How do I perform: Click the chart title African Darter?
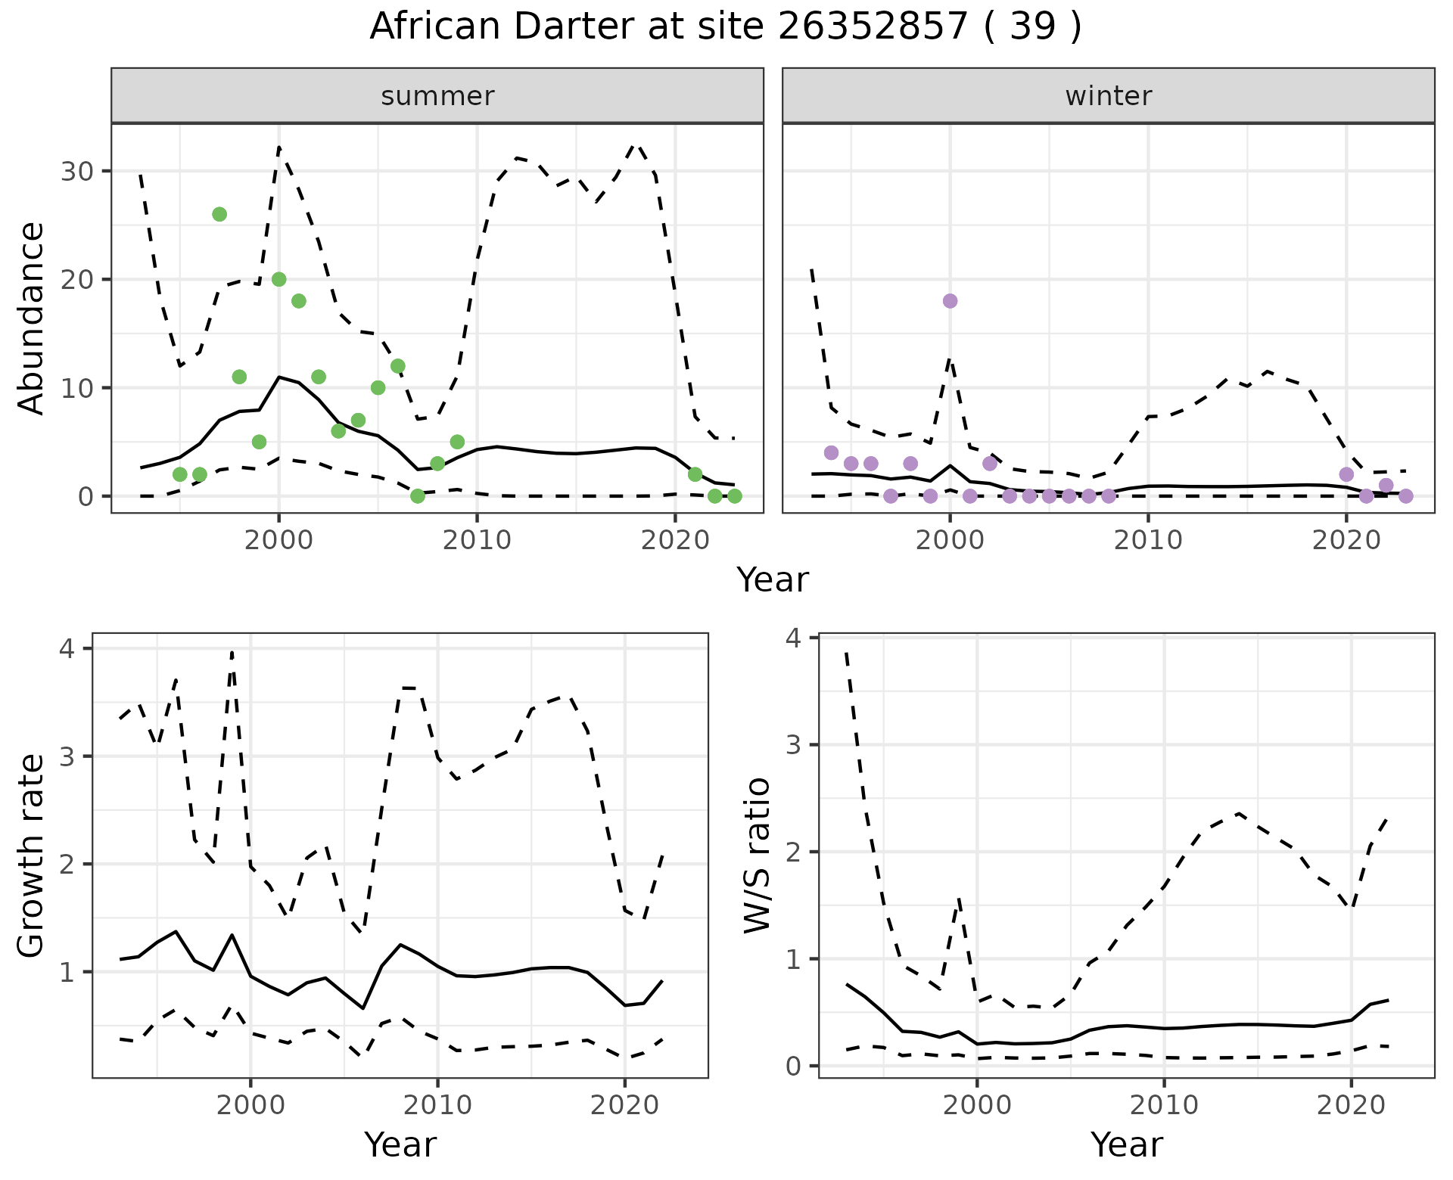725,27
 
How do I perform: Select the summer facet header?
437,96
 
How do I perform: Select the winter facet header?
1108,96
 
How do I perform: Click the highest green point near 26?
219,214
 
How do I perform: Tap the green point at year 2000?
278,279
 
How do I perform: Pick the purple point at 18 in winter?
951,301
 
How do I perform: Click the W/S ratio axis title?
757,855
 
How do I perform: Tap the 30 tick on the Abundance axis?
77,171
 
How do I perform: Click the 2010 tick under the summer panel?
477,540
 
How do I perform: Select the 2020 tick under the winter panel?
1346,540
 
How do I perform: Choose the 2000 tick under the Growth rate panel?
250,1105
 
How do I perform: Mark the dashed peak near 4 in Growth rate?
232,652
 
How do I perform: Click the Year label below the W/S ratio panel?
1126,1145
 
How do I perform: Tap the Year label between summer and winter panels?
772,580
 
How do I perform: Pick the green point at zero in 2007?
417,496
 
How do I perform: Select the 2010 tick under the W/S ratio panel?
1164,1105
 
